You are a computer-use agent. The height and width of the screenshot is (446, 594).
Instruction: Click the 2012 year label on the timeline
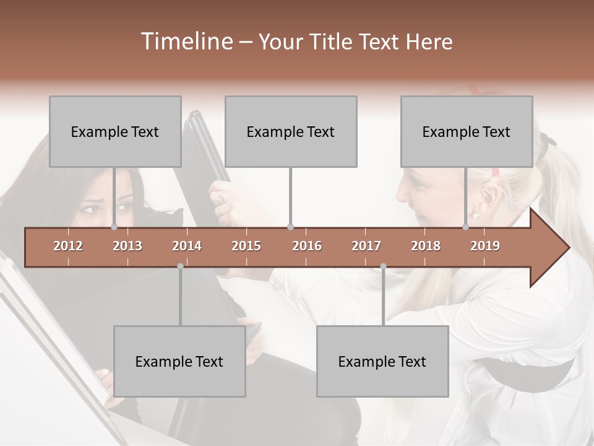coord(68,246)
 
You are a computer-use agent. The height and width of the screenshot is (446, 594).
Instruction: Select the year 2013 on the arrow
coord(127,246)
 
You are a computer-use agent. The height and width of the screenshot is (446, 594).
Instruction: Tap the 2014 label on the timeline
coord(187,246)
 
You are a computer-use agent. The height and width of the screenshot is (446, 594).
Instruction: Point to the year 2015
coord(246,246)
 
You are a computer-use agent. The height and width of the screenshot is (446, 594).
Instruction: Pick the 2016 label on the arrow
coord(307,246)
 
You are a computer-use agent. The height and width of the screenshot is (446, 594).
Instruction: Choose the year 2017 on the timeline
coord(366,246)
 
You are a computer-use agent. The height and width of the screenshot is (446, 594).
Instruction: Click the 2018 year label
coord(426,246)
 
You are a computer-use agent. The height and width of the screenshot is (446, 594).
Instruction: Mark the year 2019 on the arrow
coord(485,246)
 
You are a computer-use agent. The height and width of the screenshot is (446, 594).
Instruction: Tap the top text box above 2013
coord(115,131)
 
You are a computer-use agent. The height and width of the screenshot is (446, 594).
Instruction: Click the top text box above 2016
coord(291,131)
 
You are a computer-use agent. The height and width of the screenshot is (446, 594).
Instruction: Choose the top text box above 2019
coord(467,131)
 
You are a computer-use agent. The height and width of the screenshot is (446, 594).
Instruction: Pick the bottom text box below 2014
coord(179,361)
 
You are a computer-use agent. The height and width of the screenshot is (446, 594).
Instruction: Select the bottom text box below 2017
coord(382,361)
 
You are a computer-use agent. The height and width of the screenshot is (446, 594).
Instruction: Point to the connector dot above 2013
coord(114,227)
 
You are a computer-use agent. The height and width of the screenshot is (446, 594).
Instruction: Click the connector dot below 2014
coord(180,266)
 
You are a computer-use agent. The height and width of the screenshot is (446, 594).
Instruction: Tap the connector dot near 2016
coord(291,227)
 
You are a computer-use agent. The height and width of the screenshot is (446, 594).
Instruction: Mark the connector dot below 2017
coord(383,266)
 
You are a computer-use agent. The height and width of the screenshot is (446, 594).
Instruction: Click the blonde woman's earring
coord(476,216)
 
